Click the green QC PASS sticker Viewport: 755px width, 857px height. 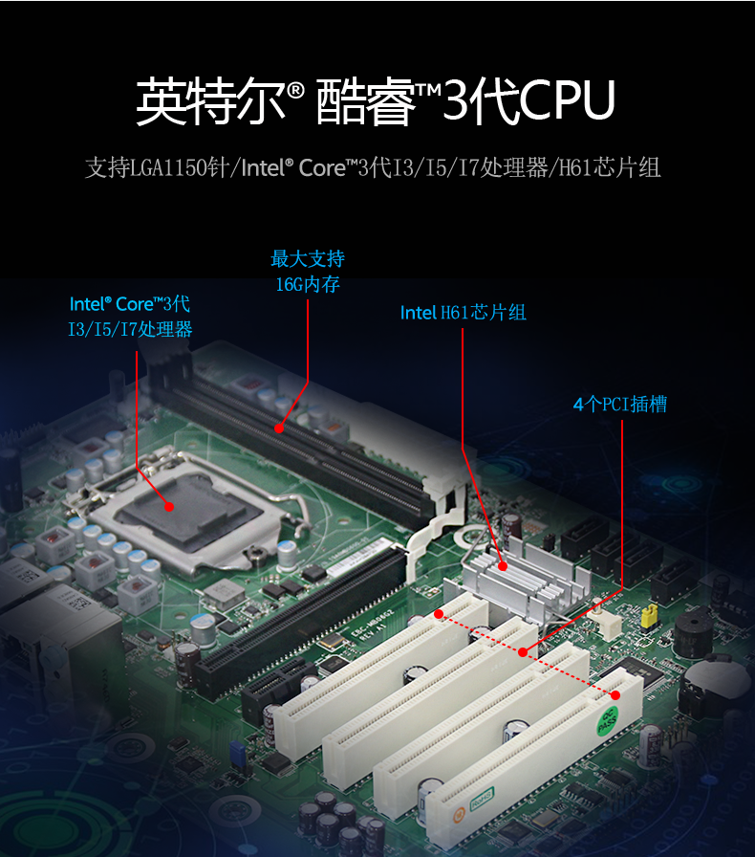point(608,720)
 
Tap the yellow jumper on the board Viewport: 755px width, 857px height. point(649,615)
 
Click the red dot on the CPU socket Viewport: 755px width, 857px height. point(169,507)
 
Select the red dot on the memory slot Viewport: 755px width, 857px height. point(279,428)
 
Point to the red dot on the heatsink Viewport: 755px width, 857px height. point(503,566)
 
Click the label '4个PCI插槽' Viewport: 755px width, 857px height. point(620,405)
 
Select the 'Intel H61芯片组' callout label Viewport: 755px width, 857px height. point(464,313)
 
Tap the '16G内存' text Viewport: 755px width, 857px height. point(308,284)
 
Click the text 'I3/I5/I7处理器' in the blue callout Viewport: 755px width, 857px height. point(130,329)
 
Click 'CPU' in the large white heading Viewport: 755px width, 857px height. point(567,100)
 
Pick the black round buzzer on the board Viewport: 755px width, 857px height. point(693,632)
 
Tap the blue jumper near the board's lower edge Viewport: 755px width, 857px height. point(237,753)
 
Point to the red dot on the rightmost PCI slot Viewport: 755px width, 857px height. point(615,695)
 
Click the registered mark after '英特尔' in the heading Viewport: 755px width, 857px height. point(295,91)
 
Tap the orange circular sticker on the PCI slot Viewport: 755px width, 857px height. point(458,814)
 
